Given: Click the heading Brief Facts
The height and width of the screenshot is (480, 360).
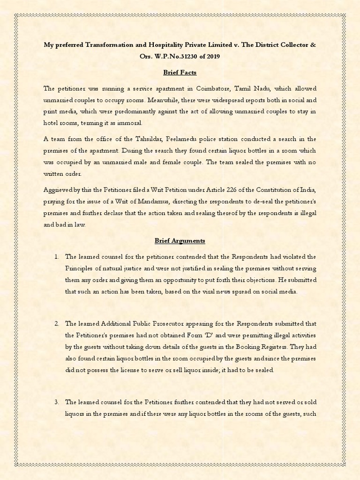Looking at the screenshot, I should click(x=180, y=73).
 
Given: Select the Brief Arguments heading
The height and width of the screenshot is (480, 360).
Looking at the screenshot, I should click(x=180, y=240).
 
